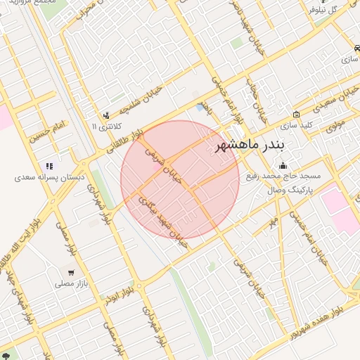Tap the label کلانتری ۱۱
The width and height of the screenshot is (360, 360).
pos(107,127)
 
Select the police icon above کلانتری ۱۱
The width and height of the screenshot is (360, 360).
pos(106,115)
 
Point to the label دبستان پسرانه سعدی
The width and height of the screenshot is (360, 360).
pos(49,177)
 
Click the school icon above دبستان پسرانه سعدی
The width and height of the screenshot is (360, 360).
pos(49,166)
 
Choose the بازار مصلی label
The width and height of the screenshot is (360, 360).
pos(70,284)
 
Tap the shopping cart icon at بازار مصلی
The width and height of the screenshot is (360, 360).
pos(70,272)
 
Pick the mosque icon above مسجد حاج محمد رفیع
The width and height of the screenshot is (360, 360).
pos(283,166)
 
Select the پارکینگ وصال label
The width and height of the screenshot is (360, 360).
pos(290,191)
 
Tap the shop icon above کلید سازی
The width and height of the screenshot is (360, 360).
pos(296,115)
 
